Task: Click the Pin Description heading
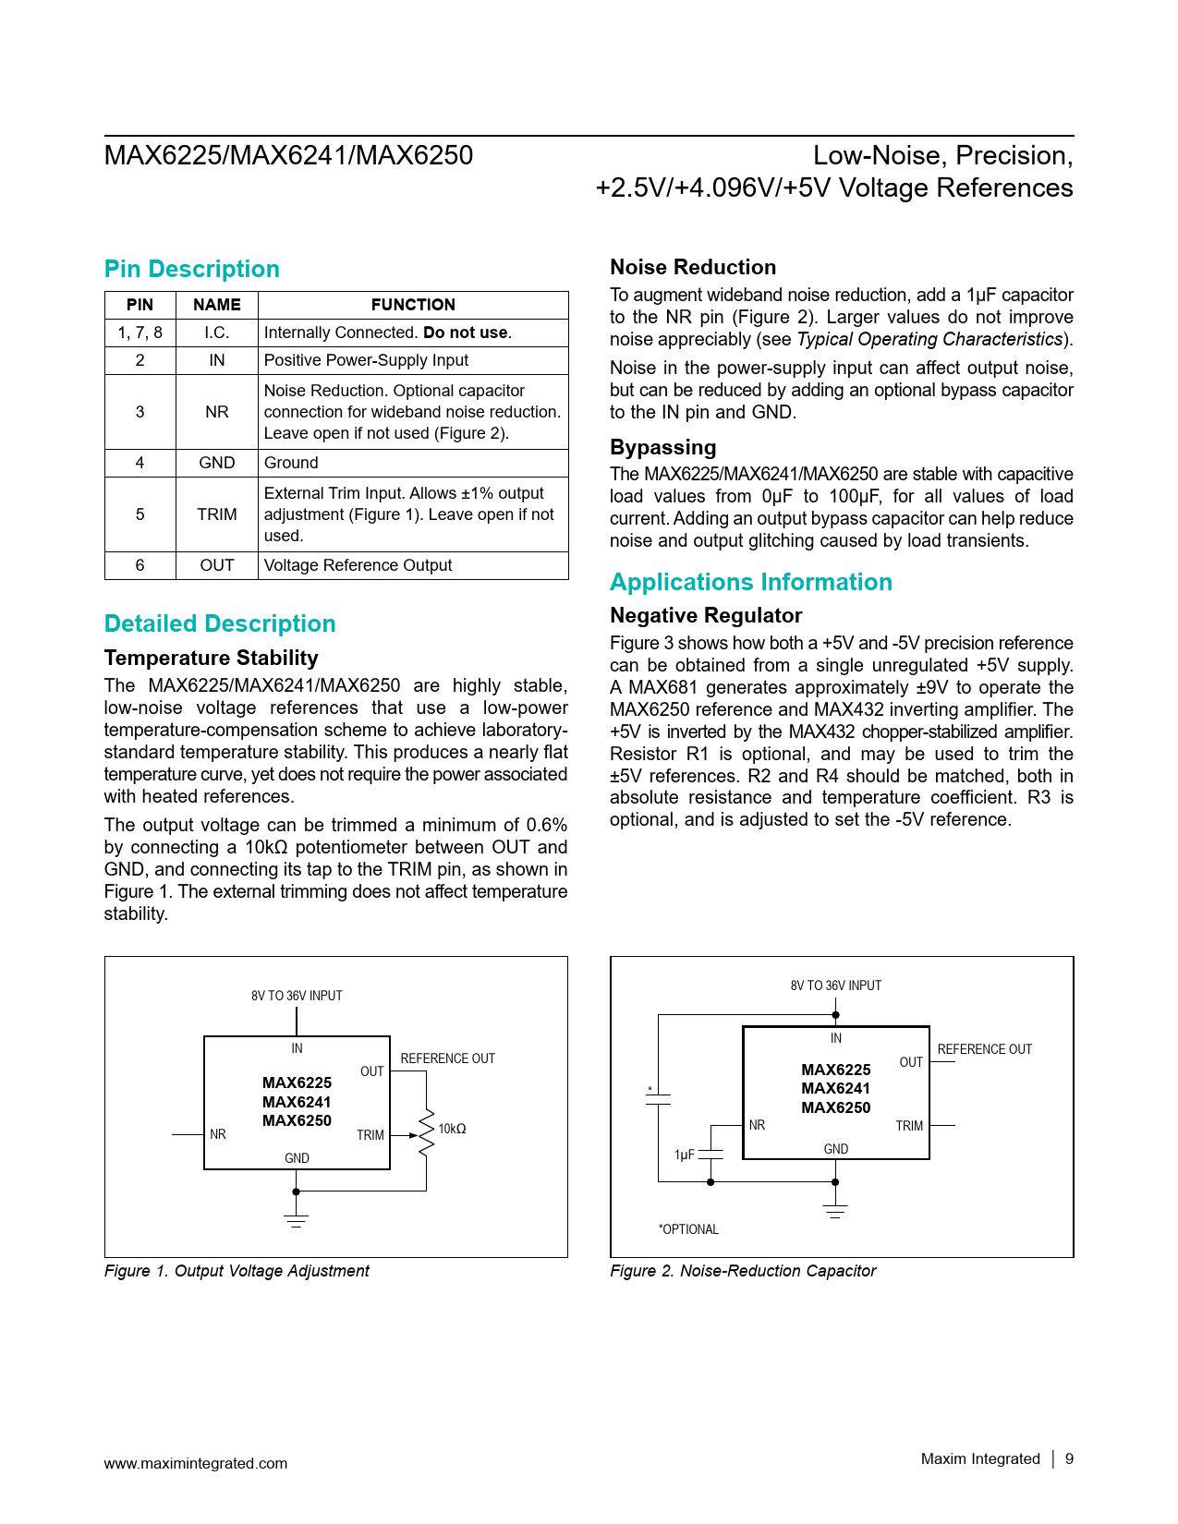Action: (191, 269)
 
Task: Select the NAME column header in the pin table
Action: (216, 305)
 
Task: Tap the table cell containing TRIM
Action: (216, 514)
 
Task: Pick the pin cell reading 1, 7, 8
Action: (140, 333)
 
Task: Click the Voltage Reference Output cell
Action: (358, 565)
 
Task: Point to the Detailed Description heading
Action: (219, 623)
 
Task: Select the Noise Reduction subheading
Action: (692, 267)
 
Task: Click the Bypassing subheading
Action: (662, 447)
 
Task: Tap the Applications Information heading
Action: (750, 582)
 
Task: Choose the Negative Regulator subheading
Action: (705, 615)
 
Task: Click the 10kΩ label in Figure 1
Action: (452, 1129)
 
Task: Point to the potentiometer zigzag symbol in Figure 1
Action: (426, 1133)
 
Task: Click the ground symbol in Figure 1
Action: (296, 1219)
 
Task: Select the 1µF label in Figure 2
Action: (684, 1155)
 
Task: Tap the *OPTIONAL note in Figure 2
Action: (687, 1229)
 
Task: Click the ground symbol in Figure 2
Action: (834, 1211)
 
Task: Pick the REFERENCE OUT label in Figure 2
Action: (984, 1049)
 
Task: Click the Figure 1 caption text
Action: (237, 1271)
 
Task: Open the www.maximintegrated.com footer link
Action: (195, 1463)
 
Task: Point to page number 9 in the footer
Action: (1069, 1458)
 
